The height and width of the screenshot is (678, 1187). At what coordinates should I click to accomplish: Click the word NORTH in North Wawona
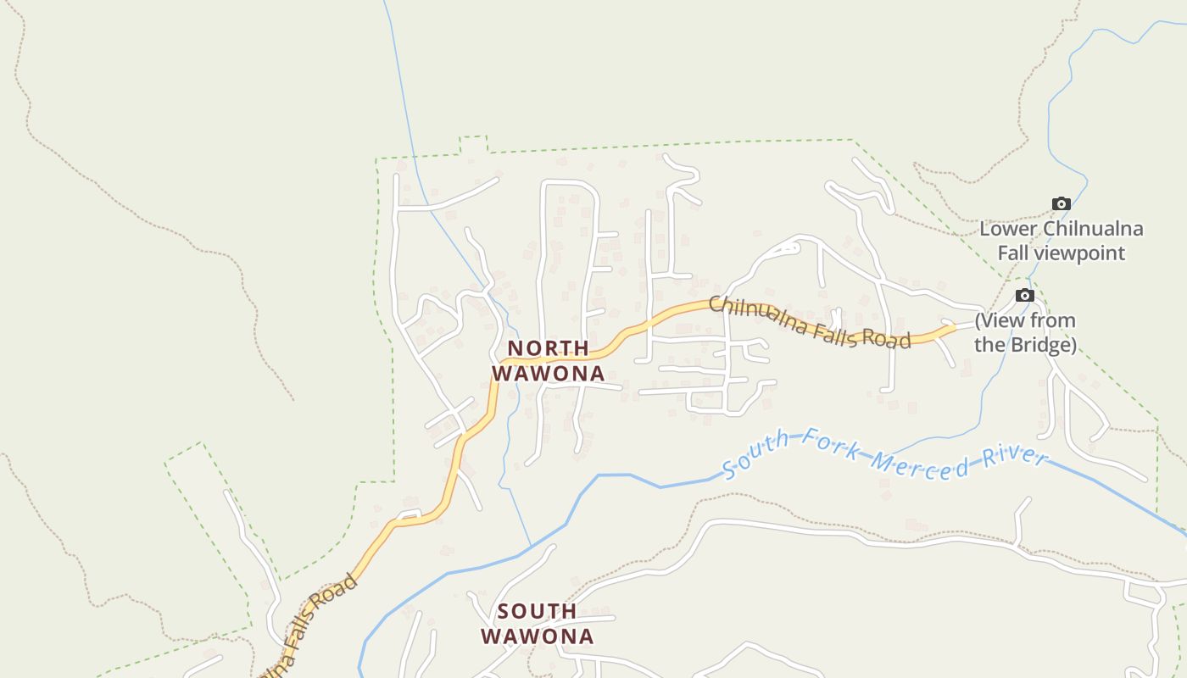[548, 348]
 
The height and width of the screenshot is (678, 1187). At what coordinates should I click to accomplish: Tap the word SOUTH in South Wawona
[537, 611]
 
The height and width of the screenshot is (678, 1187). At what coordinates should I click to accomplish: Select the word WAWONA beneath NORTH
[549, 373]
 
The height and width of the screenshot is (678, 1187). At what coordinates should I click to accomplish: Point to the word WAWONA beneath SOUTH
[538, 636]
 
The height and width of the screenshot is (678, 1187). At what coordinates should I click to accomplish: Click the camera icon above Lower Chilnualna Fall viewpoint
[1061, 203]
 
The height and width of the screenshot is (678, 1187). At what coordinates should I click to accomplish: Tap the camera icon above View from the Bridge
[1025, 295]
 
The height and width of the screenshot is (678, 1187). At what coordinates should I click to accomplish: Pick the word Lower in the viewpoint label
[1009, 229]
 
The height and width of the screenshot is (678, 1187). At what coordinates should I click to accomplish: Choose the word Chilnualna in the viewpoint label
[1093, 229]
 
